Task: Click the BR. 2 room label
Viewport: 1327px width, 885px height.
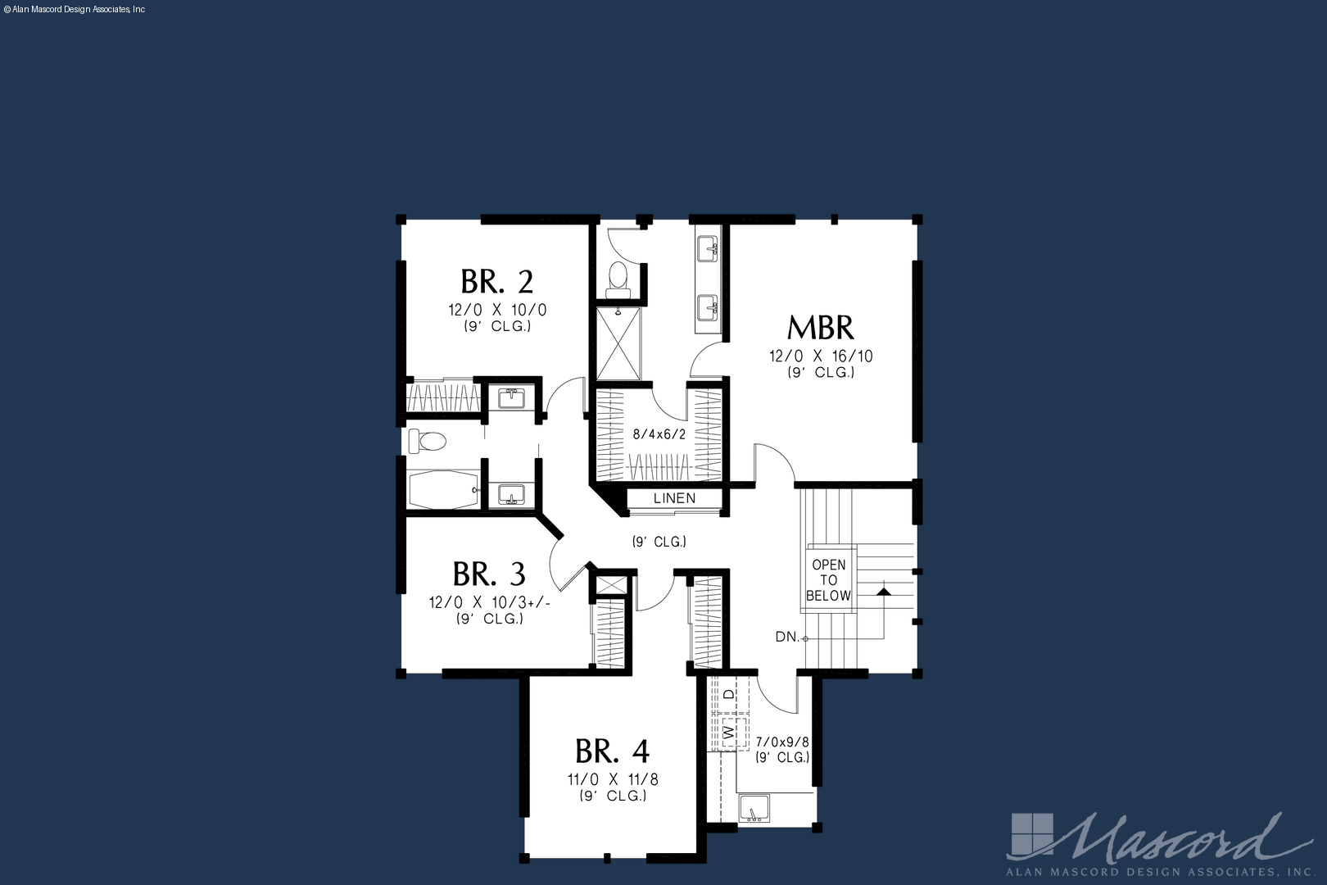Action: tap(497, 282)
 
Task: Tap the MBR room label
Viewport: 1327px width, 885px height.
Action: tap(821, 327)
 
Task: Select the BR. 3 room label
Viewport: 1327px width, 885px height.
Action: tap(489, 574)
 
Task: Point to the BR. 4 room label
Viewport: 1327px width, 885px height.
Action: tap(612, 751)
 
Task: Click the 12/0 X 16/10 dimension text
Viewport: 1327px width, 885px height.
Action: tap(821, 356)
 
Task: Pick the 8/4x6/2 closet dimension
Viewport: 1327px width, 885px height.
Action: tap(659, 434)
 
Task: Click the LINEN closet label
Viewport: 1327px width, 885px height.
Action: tap(674, 498)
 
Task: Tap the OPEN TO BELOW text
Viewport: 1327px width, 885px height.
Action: tap(828, 580)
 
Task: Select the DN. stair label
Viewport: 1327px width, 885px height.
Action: tap(787, 638)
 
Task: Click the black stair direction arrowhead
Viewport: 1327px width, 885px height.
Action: tap(883, 591)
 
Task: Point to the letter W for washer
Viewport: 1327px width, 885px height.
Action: tap(729, 733)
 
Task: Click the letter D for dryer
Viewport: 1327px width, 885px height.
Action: tap(729, 693)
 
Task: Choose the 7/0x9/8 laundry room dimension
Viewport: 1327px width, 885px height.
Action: tap(782, 742)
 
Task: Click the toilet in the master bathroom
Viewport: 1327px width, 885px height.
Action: tap(618, 279)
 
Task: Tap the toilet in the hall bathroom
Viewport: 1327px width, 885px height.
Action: tap(427, 441)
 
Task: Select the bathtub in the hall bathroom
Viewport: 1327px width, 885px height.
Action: tap(444, 490)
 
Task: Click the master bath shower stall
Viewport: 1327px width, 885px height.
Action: tap(618, 343)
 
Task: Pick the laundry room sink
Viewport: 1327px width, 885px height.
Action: tap(754, 808)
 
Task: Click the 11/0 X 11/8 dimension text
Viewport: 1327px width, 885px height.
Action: tap(614, 779)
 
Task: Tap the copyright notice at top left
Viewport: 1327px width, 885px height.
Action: tap(75, 10)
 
